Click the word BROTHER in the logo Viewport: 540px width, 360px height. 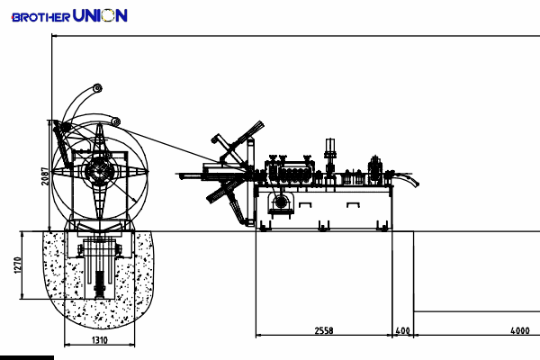point(40,17)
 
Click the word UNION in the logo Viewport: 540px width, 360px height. point(100,15)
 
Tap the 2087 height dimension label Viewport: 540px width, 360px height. point(45,176)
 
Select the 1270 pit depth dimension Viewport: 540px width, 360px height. point(18,265)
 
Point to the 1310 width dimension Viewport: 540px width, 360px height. point(100,340)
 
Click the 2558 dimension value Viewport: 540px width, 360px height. point(324,330)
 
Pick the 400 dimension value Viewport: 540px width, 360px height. point(403,330)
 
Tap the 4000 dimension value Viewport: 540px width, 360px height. point(520,330)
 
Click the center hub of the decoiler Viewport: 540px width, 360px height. point(100,171)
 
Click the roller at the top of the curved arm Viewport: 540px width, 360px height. point(97,88)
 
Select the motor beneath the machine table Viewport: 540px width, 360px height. point(281,202)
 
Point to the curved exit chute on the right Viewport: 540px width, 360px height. point(407,179)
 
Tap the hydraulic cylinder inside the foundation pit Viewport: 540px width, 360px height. point(100,284)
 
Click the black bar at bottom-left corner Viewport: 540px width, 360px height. point(27,358)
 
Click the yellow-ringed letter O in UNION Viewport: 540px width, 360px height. point(109,16)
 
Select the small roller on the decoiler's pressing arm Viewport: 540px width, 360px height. point(116,121)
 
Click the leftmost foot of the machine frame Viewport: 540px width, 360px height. point(265,226)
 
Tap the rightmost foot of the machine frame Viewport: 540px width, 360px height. point(382,226)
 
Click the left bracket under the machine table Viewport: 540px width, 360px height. point(305,205)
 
